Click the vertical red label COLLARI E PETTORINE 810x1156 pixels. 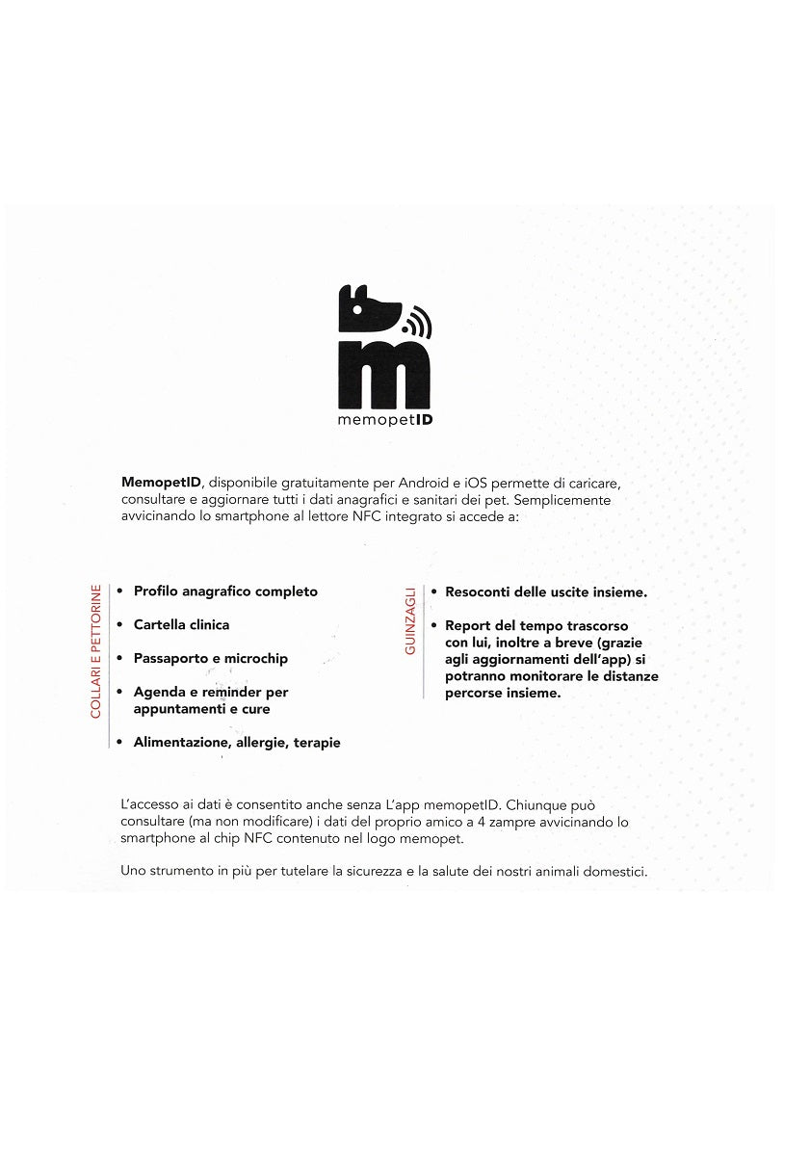95,650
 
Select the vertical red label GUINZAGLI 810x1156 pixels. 410,621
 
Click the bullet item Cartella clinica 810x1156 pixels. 181,625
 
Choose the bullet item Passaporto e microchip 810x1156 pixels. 210,659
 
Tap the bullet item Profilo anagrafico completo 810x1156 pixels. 225,591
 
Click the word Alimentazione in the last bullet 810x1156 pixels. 177,743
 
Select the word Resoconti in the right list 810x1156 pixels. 479,591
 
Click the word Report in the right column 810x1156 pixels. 468,625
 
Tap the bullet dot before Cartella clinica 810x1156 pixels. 118,625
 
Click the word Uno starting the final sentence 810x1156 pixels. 133,872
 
